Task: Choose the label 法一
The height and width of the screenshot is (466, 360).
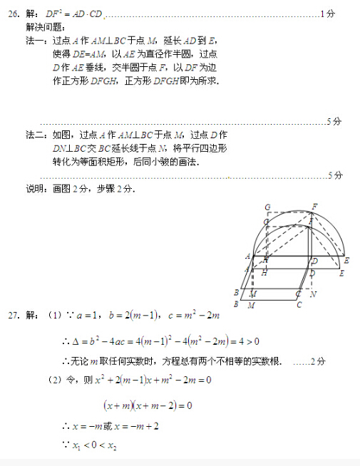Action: pyautogui.click(x=34, y=41)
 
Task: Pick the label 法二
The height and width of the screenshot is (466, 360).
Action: pyautogui.click(x=34, y=135)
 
